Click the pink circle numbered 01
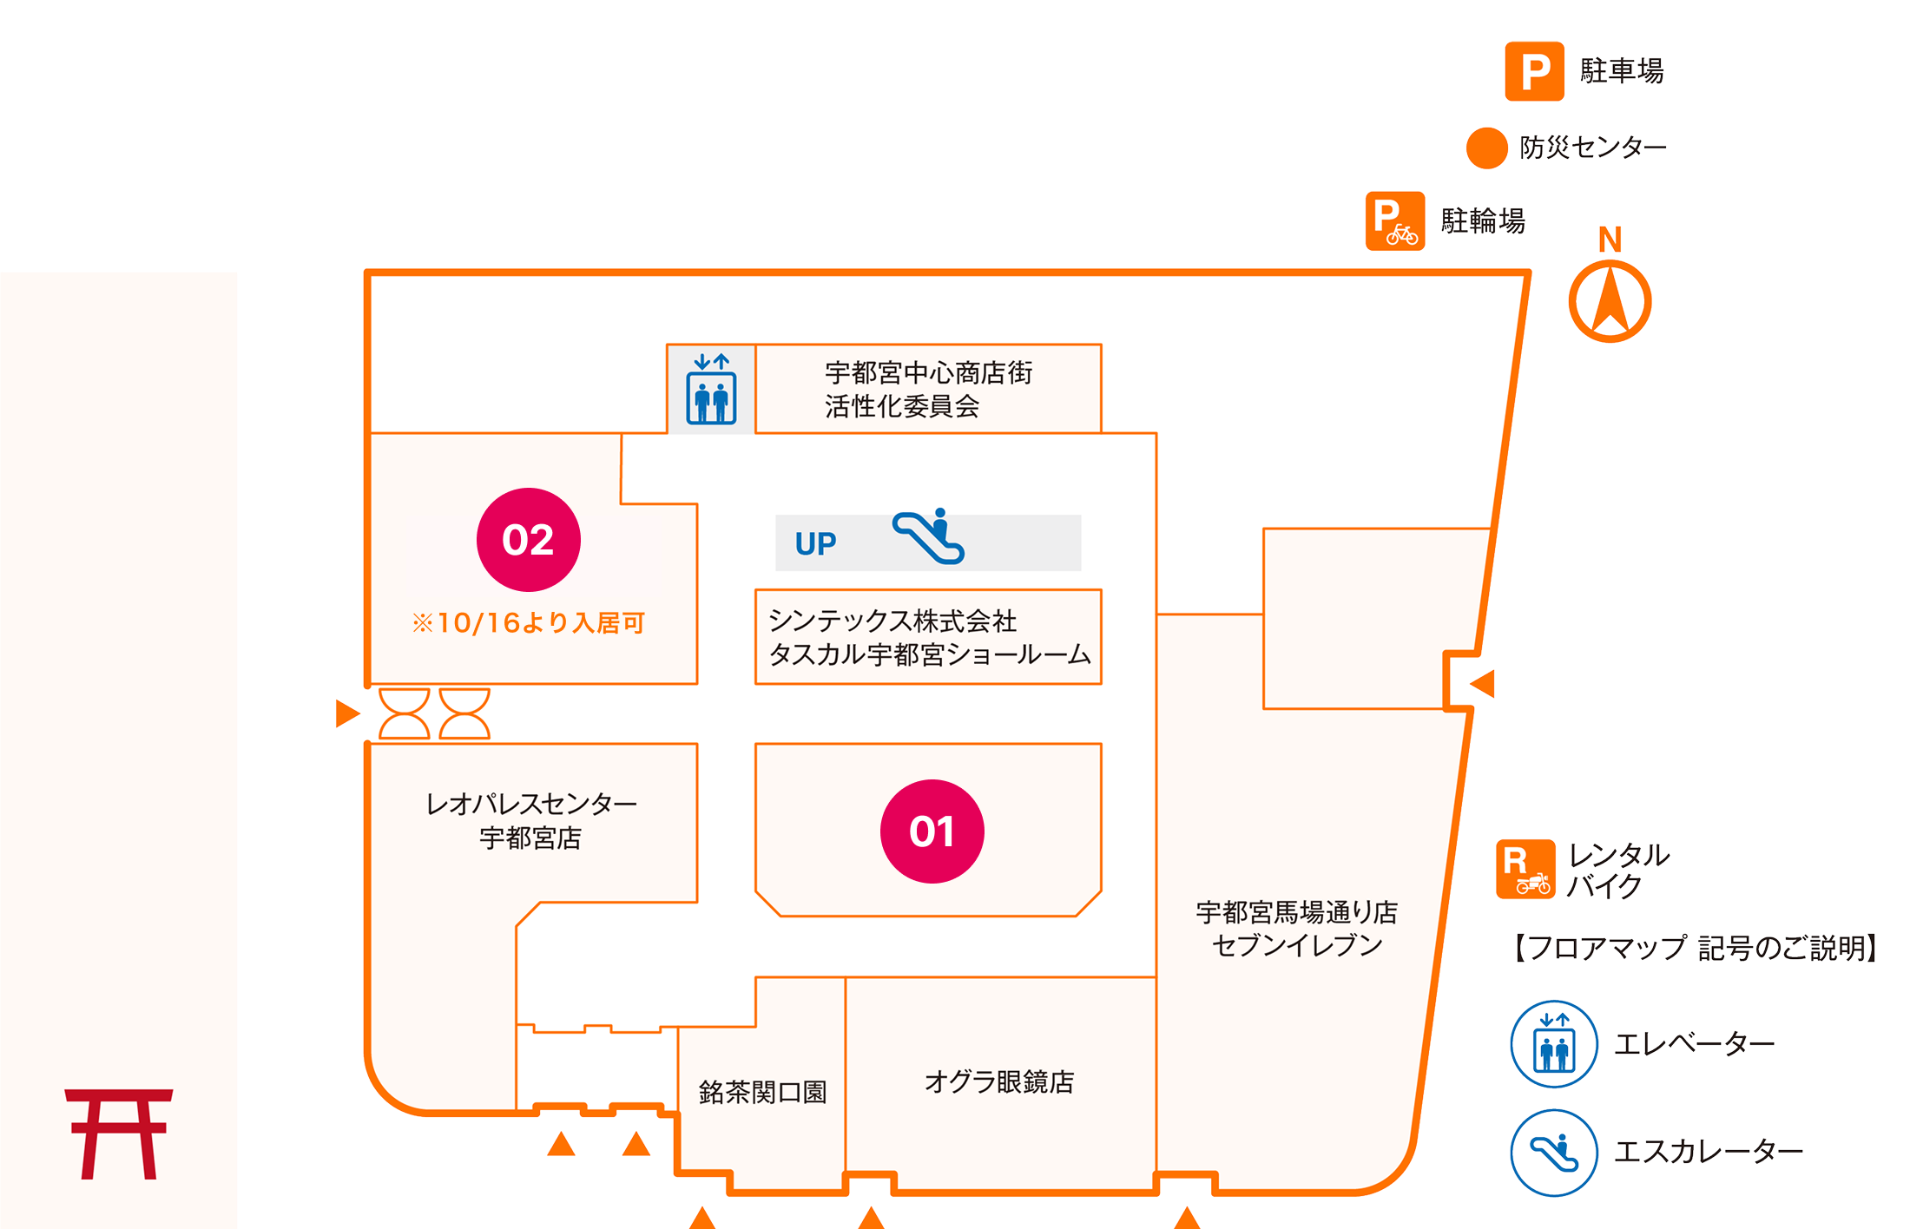932,831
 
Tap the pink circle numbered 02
528,539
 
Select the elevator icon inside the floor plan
711,390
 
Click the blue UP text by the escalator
815,544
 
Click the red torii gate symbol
119,1134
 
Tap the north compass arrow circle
1610,300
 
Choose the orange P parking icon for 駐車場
1534,71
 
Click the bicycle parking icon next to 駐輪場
1394,221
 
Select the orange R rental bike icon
1525,870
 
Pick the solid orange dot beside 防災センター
1486,148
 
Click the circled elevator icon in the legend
1554,1043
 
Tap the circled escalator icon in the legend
1554,1152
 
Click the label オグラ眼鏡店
999,1081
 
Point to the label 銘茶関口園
762,1092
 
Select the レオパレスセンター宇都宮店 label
530,820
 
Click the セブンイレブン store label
1296,929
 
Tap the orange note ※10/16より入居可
528,622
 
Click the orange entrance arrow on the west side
347,713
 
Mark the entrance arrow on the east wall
1483,683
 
